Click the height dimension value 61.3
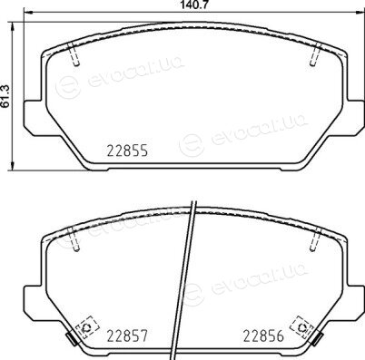(5, 95)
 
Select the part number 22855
(127, 151)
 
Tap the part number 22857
(127, 336)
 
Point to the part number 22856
(264, 336)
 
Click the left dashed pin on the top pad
(74, 54)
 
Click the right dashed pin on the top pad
(315, 54)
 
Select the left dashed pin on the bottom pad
(74, 238)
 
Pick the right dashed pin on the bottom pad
(315, 238)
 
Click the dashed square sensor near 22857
(87, 327)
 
